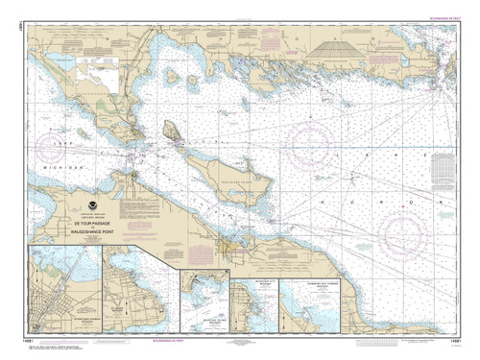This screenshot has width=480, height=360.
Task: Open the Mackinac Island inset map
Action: click(x=204, y=302)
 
